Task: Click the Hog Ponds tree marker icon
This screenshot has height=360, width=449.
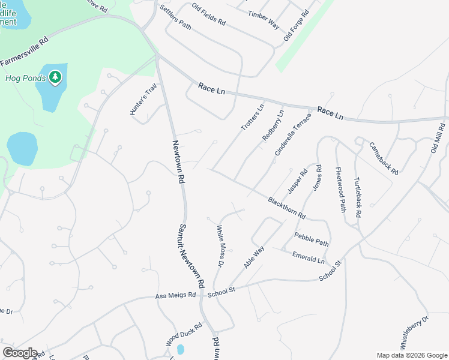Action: pyautogui.click(x=55, y=77)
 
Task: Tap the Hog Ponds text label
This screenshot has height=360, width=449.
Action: pyautogui.click(x=26, y=78)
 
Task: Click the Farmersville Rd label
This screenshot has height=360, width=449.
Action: pyautogui.click(x=24, y=53)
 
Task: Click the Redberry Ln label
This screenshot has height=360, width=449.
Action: pyautogui.click(x=273, y=125)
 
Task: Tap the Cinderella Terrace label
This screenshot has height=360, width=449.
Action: pyautogui.click(x=294, y=134)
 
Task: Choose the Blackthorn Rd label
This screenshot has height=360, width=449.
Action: pyautogui.click(x=287, y=208)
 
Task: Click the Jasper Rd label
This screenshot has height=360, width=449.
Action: pyautogui.click(x=297, y=180)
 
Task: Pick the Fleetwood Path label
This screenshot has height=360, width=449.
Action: pyautogui.click(x=340, y=190)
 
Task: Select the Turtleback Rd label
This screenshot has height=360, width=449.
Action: pyautogui.click(x=357, y=197)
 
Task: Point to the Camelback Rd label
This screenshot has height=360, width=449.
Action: pyautogui.click(x=384, y=158)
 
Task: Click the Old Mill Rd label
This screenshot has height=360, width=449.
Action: pyautogui.click(x=438, y=139)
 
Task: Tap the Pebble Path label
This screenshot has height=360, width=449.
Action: pyautogui.click(x=311, y=239)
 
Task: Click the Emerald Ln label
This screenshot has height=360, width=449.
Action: pyautogui.click(x=308, y=257)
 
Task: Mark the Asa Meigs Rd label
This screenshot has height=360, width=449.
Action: pyautogui.click(x=176, y=295)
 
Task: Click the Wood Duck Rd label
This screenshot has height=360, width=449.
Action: pyautogui.click(x=184, y=334)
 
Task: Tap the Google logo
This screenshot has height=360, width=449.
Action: pyautogui.click(x=20, y=353)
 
